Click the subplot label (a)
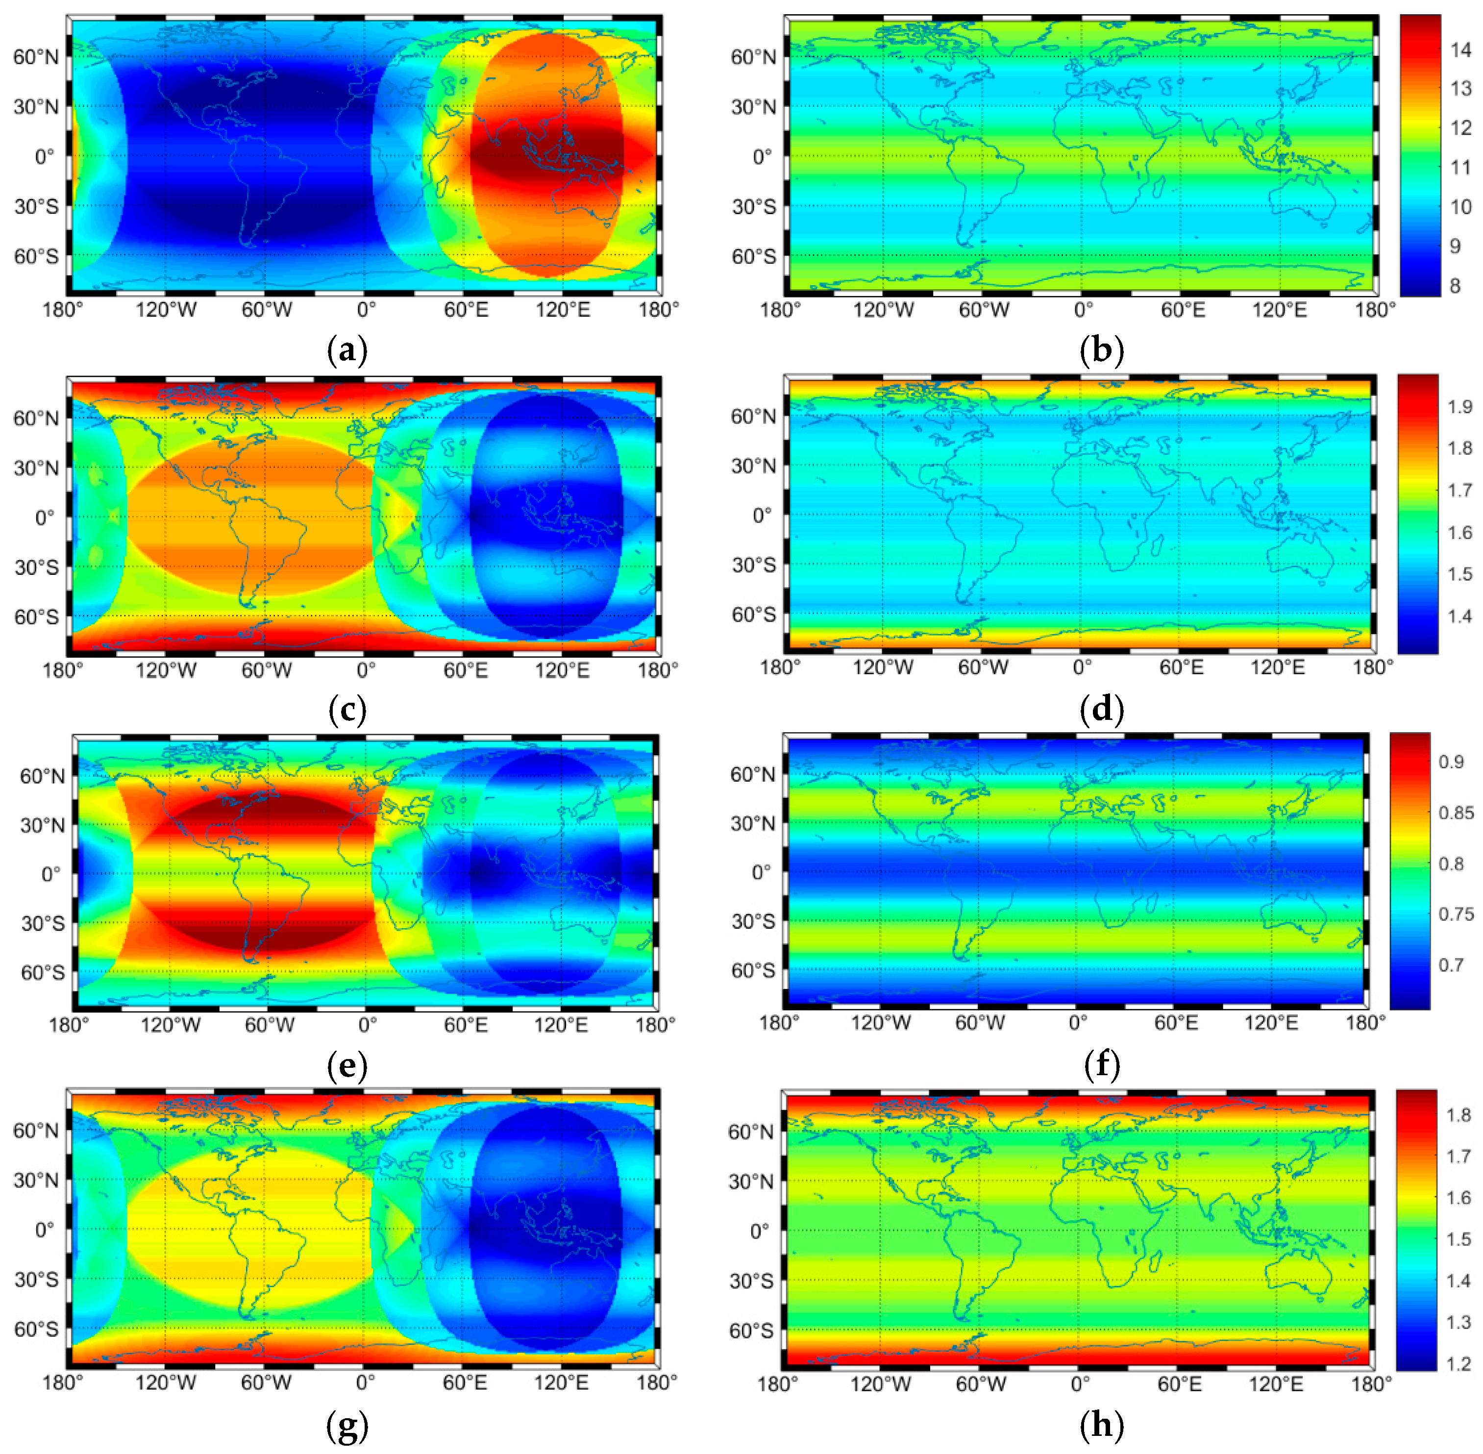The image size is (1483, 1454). [346, 350]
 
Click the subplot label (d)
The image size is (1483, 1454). [1101, 710]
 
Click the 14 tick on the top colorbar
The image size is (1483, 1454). [1460, 50]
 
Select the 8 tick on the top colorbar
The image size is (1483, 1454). [1454, 286]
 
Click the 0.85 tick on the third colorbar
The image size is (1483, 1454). [1456, 813]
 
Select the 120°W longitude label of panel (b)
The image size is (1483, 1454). [883, 310]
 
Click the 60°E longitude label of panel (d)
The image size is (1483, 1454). [1181, 667]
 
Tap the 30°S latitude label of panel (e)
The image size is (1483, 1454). [43, 923]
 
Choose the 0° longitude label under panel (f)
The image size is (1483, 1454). [1078, 1023]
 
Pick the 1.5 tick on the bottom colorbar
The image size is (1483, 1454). [1458, 1239]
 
